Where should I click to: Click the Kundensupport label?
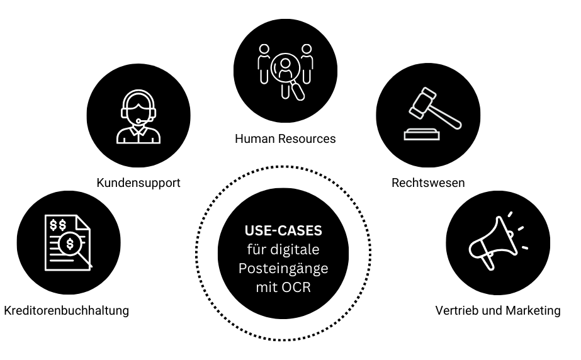pos(138,183)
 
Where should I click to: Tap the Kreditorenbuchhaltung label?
pos(66,310)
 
